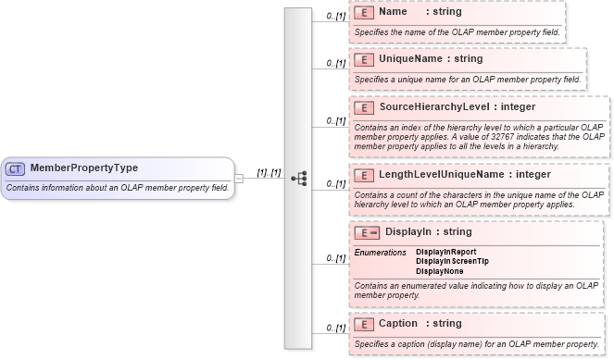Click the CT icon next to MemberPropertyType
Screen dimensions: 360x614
tap(16, 168)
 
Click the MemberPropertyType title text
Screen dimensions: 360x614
tap(84, 168)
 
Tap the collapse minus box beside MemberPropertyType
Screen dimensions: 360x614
tap(238, 178)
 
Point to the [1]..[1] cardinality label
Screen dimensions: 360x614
tap(269, 172)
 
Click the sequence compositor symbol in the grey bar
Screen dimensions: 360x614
tap(298, 178)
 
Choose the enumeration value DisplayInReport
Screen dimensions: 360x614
tap(446, 252)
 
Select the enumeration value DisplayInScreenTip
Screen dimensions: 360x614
tap(452, 262)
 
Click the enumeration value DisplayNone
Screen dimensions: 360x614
tap(440, 272)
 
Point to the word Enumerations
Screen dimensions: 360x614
tap(380, 252)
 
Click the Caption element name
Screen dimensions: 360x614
tap(398, 324)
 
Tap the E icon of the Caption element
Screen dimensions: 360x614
tap(365, 325)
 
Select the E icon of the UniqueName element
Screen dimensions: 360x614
tap(365, 60)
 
